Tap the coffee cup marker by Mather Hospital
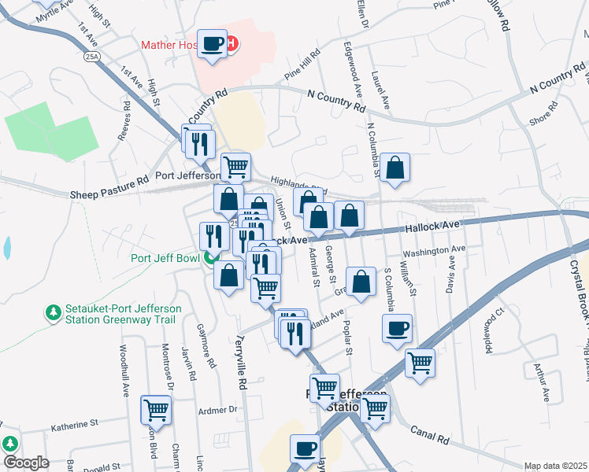(x=212, y=44)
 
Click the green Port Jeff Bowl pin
(x=210, y=257)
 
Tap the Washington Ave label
(x=434, y=253)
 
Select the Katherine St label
(x=74, y=425)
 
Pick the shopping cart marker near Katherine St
(x=157, y=410)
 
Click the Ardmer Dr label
(x=217, y=410)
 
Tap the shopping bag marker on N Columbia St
(x=395, y=168)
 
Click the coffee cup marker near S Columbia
(x=398, y=329)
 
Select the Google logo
(x=26, y=463)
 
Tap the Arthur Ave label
(x=541, y=378)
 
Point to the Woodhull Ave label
(x=124, y=369)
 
